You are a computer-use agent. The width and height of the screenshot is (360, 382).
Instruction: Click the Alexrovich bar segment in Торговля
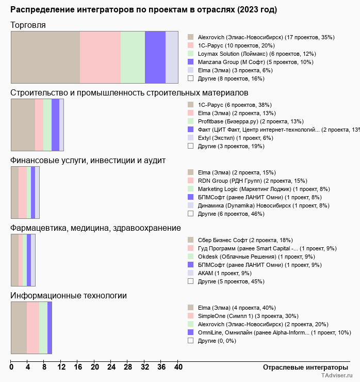tap(45, 57)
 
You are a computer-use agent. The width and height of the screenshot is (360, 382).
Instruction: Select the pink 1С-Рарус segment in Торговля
tap(100, 57)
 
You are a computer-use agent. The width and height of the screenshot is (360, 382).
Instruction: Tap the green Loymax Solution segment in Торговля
tap(133, 57)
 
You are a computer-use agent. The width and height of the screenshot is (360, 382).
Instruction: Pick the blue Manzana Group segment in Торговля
tap(155, 57)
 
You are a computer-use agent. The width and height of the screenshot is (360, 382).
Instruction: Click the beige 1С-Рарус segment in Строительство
tap(23, 124)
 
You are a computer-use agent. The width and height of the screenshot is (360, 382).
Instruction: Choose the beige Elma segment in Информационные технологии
tap(19, 328)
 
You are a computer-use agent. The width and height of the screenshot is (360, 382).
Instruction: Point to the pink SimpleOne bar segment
tap(33, 328)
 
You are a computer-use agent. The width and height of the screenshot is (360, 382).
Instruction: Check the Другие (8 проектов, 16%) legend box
tap(190, 78)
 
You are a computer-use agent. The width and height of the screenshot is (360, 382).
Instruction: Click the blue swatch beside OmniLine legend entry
tap(190, 332)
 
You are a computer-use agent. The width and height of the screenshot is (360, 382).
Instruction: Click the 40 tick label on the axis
tap(178, 367)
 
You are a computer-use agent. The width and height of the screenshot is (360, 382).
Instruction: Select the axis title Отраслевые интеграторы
tap(302, 367)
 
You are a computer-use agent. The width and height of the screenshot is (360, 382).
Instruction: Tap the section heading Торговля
tap(28, 25)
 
